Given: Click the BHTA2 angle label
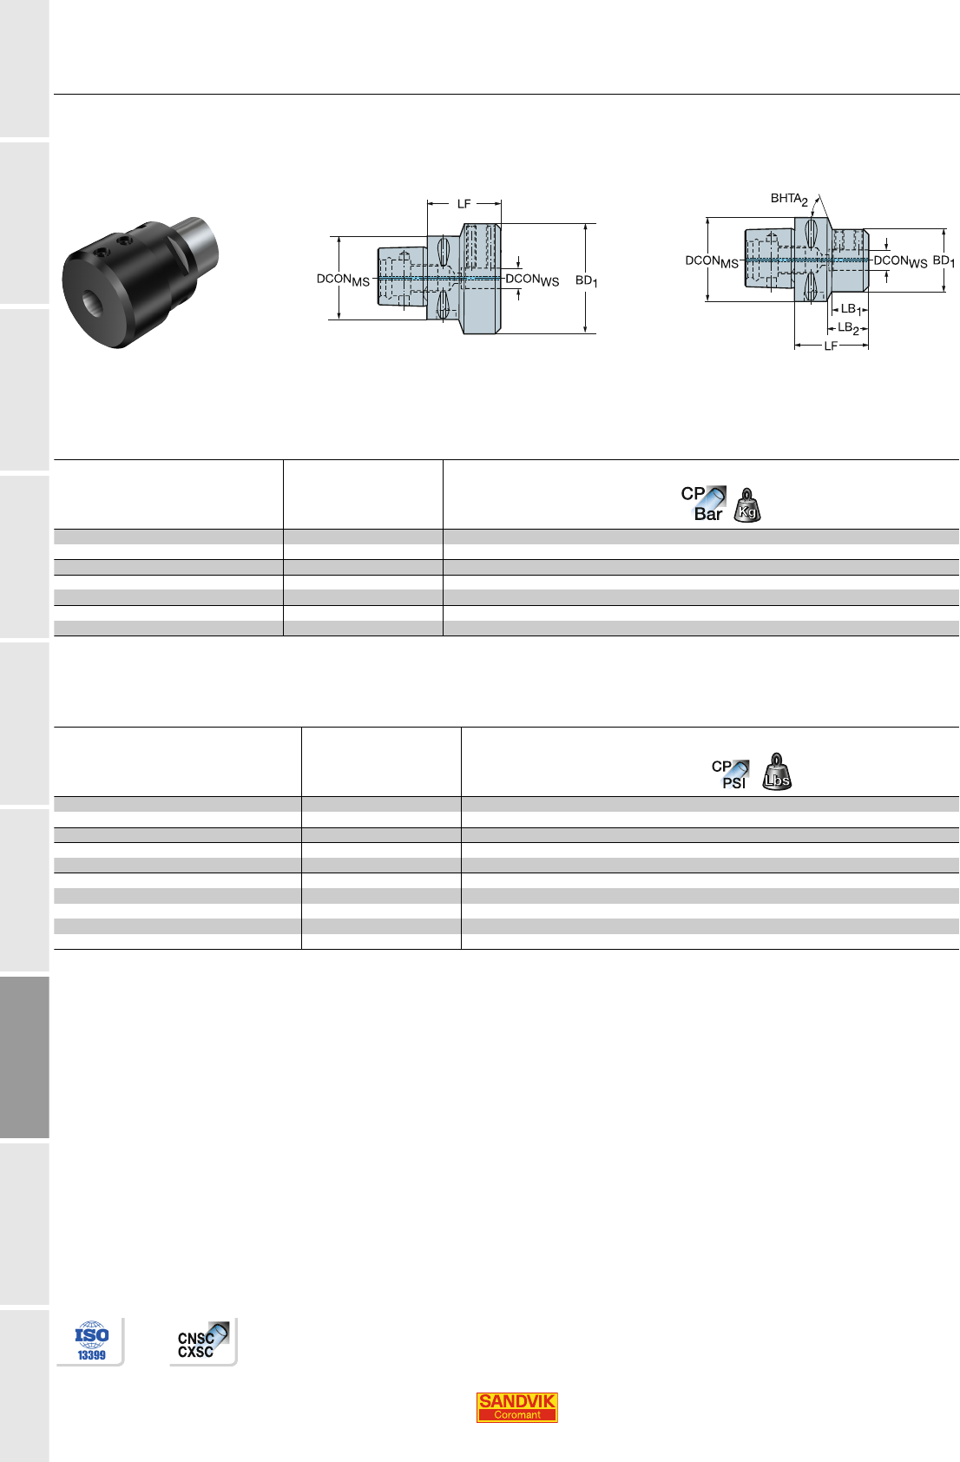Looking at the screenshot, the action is (789, 199).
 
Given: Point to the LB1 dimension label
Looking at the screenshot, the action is (851, 309).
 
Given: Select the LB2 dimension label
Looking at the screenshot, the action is (848, 328).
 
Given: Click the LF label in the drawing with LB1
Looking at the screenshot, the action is (830, 346).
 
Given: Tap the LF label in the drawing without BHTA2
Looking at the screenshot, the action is (464, 204).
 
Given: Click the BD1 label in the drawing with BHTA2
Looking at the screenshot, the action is (944, 261).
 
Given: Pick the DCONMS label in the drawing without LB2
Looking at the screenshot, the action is (343, 280).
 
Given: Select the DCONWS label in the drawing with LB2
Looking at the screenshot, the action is (901, 261).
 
